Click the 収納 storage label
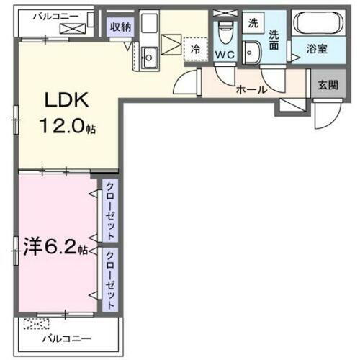[x=120, y=27]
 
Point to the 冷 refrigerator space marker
[x=195, y=50]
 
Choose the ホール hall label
[x=252, y=90]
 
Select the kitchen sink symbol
[x=151, y=57]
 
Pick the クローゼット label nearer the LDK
[x=110, y=212]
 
